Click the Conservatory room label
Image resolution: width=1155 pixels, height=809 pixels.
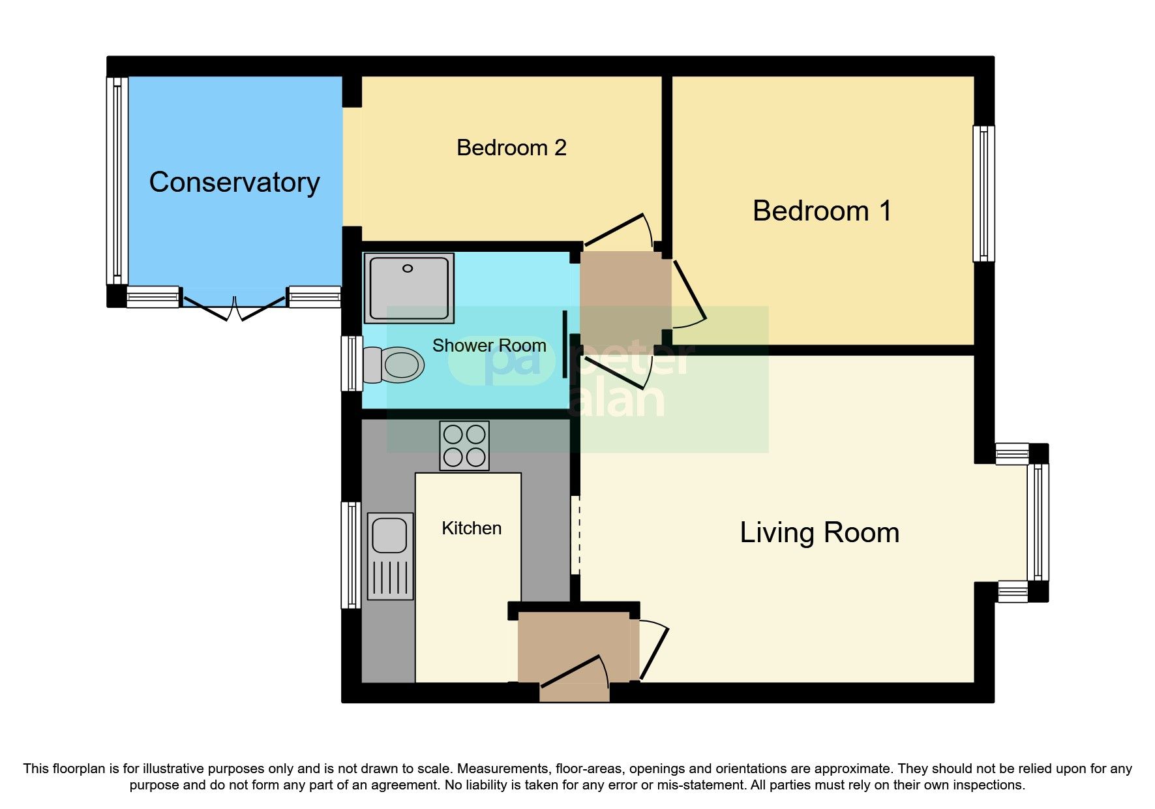point(234,182)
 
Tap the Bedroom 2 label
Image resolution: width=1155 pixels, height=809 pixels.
point(511,147)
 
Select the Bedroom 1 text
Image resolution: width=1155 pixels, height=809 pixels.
point(821,211)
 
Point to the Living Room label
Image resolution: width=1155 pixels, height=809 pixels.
point(819,532)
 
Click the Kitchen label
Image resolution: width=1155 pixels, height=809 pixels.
point(471,528)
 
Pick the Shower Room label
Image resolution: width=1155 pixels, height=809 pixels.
point(489,345)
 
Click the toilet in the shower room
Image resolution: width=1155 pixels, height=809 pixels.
point(395,365)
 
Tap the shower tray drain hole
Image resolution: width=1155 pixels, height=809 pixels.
point(408,268)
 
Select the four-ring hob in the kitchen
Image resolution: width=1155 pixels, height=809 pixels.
point(464,446)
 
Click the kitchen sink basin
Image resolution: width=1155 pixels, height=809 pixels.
point(389,536)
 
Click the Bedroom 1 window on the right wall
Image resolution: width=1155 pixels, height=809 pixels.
point(983,194)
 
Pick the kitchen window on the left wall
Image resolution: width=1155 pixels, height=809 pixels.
point(352,555)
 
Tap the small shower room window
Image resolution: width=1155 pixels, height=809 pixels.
point(352,363)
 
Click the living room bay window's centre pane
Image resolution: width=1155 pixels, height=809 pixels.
point(1038,522)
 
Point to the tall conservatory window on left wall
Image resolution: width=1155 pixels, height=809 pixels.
point(117,181)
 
